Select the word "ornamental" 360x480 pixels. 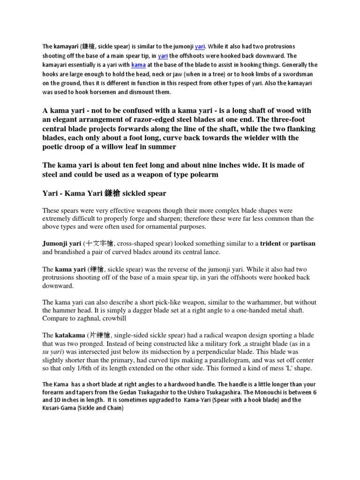click(x=171, y=226)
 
